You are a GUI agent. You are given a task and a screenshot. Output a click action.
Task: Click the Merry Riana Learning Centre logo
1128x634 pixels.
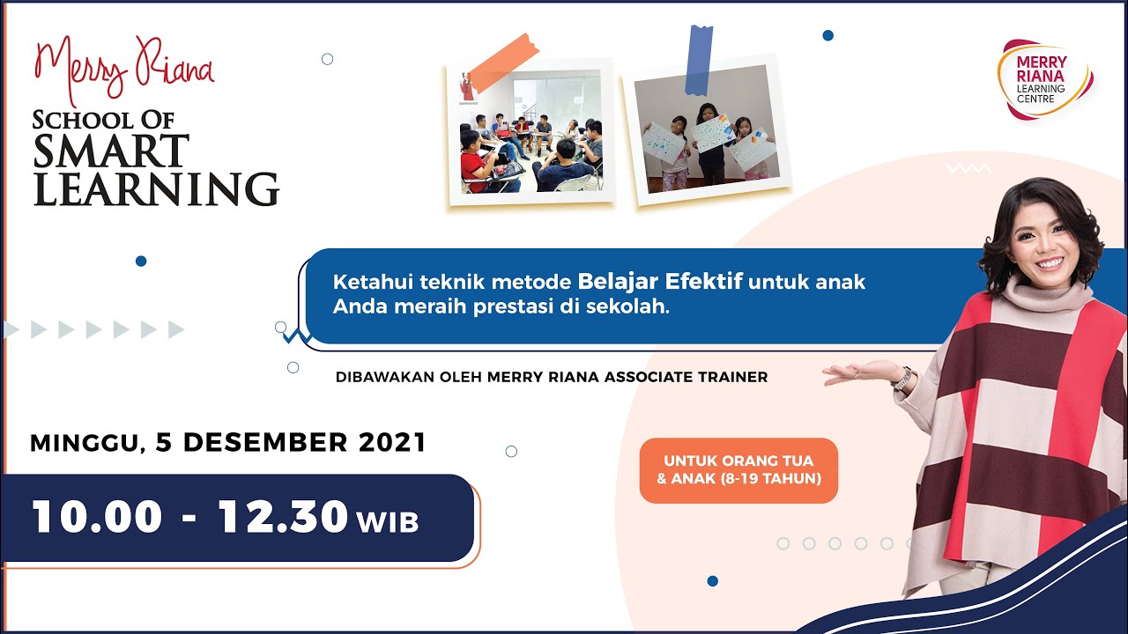(x=1044, y=79)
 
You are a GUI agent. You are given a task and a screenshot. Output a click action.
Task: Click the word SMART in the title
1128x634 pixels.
(x=111, y=151)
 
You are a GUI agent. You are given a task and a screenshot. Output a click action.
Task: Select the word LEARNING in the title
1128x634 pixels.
(x=156, y=188)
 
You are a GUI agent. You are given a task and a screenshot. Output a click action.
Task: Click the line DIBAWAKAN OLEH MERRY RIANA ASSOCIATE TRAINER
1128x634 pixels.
(x=552, y=377)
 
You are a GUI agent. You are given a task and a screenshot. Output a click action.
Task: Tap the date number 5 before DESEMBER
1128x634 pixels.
(x=163, y=442)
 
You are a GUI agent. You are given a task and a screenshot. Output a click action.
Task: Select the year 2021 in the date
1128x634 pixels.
(x=392, y=442)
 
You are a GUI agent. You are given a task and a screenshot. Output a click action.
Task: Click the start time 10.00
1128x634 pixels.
(x=97, y=518)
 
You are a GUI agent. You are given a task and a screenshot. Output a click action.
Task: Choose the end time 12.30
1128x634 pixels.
(x=283, y=518)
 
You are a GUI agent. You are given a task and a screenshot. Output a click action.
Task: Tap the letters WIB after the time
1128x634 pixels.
(x=388, y=521)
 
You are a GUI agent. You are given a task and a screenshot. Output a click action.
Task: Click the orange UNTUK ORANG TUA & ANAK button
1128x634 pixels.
(x=738, y=470)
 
